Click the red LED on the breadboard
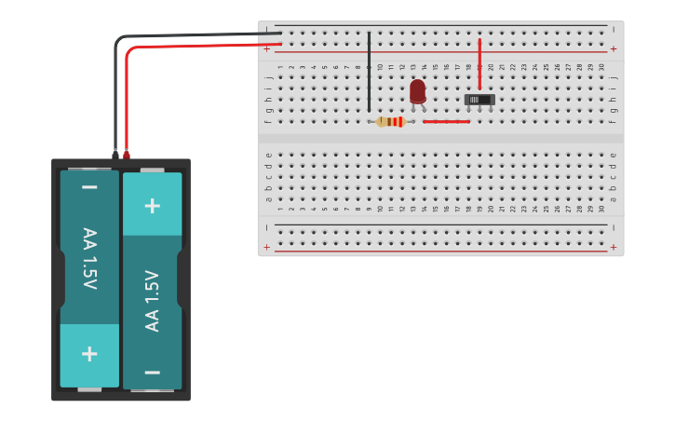417,90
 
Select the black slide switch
479,100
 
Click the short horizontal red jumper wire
446,121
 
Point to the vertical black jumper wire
369,71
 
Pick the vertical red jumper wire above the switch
479,63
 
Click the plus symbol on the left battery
89,354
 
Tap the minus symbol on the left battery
89,187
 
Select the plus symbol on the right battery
152,205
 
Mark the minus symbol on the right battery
152,372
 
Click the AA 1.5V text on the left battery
89,258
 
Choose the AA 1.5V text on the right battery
152,300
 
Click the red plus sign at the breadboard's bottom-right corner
613,247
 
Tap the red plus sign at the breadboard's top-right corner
613,48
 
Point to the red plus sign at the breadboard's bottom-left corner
267,247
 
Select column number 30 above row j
601,67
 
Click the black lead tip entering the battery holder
115,154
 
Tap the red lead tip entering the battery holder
127,154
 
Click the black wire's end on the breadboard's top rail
278,34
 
